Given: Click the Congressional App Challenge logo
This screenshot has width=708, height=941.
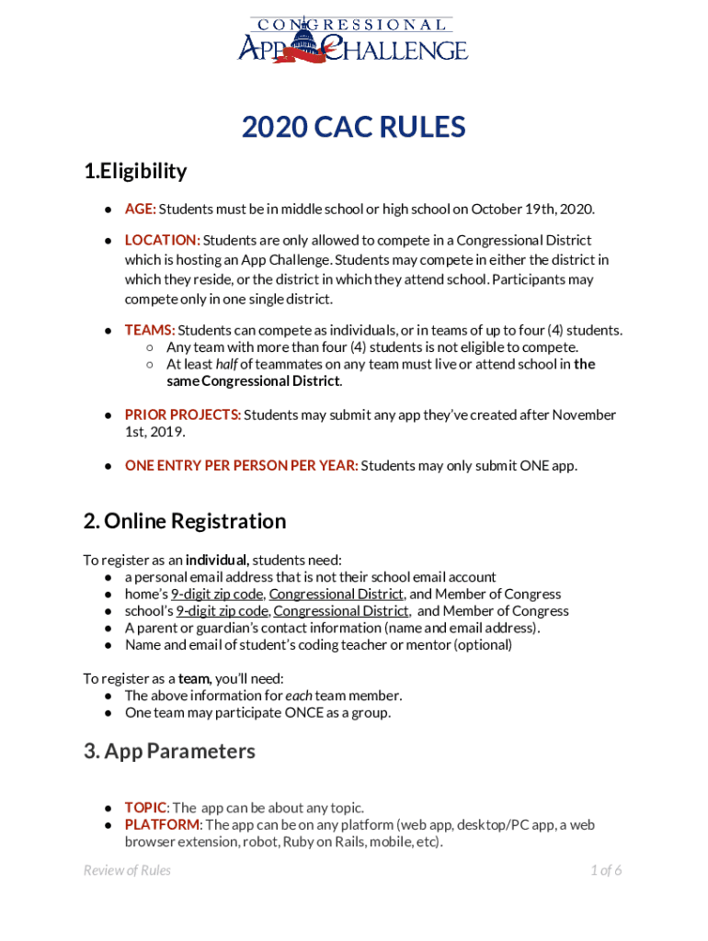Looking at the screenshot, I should click(x=353, y=40).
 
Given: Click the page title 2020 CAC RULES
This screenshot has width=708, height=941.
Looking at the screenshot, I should click(x=353, y=128).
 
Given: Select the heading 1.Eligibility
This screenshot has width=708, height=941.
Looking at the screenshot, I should click(x=135, y=172).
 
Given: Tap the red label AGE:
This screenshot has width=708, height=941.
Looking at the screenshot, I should click(x=141, y=210).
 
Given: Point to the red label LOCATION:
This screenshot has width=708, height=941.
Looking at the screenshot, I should click(x=163, y=240).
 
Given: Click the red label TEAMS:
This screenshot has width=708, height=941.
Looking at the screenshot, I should click(x=150, y=330).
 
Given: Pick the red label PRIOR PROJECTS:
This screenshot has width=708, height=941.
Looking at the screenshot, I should click(x=183, y=414).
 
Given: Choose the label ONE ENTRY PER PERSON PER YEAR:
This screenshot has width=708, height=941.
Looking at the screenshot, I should click(x=241, y=465).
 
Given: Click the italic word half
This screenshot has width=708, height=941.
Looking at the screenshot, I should click(x=226, y=364).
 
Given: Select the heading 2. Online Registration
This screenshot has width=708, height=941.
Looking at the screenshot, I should click(x=185, y=521).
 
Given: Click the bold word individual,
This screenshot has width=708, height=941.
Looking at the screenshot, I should click(x=217, y=560).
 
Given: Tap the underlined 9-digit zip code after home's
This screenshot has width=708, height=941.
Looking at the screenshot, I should click(x=217, y=594).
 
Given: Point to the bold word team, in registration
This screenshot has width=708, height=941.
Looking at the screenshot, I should click(x=195, y=678).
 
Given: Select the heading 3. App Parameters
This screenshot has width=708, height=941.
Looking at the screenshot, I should click(x=169, y=751).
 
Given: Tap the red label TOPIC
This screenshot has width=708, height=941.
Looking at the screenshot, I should click(x=146, y=808).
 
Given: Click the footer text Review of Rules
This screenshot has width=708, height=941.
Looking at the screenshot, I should click(x=127, y=870).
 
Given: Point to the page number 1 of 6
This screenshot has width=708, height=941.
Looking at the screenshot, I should click(x=606, y=870).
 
